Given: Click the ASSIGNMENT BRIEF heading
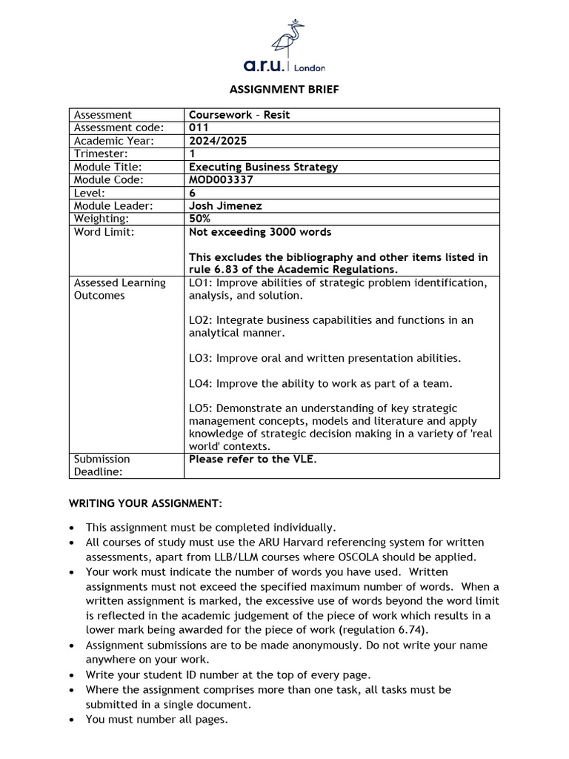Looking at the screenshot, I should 284,89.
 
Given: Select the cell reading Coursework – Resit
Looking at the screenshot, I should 234,115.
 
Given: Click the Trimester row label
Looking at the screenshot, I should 101,153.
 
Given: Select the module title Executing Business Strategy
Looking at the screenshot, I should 263,167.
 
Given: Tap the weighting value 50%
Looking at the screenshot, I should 199,219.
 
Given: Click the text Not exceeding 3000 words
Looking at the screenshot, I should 260,232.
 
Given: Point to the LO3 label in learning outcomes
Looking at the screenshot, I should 199,358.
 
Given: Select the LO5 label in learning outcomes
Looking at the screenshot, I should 199,408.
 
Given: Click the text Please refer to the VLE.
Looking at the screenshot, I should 252,459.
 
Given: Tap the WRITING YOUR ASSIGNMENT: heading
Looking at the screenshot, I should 145,503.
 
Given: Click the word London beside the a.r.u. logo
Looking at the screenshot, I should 310,68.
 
